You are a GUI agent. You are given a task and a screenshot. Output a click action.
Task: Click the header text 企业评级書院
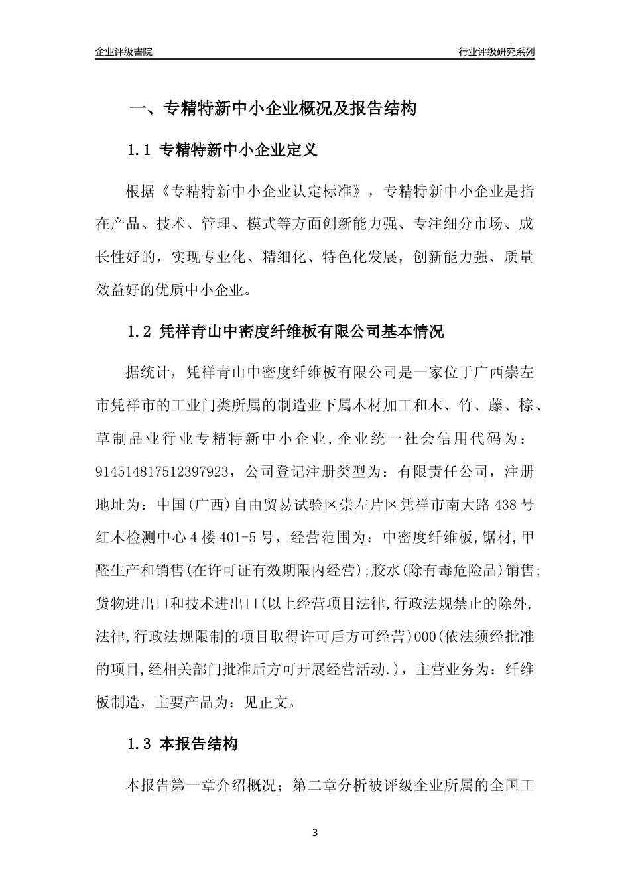coord(124,52)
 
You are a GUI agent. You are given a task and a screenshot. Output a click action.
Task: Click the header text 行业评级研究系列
coord(496,52)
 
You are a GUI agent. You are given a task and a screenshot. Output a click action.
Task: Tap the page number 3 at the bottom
coord(315,833)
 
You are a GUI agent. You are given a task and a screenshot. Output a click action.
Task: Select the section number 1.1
coord(140,150)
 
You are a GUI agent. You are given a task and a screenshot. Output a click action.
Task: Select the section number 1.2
coord(140,332)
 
